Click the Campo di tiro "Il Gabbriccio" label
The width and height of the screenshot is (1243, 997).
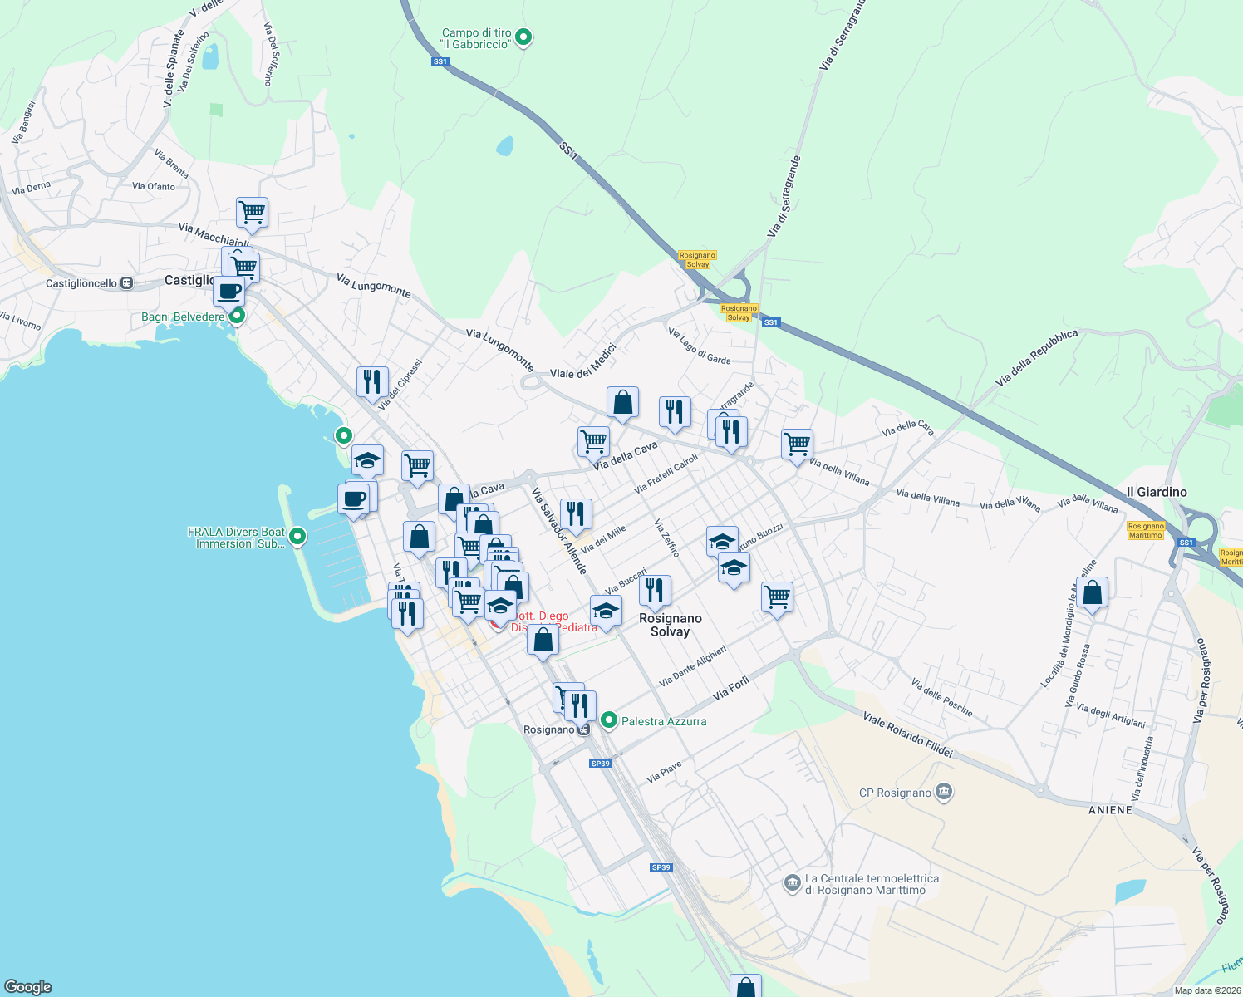[x=476, y=39]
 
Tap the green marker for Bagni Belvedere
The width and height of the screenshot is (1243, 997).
[x=237, y=316]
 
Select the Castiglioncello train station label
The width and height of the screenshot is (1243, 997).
[x=81, y=283]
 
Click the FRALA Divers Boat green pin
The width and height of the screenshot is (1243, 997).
[x=297, y=538]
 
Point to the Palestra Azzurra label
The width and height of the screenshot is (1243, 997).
[x=664, y=721]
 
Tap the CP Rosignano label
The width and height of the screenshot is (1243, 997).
[x=895, y=793]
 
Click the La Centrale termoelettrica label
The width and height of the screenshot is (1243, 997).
[x=872, y=884]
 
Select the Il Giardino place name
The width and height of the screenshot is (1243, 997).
[x=1157, y=492]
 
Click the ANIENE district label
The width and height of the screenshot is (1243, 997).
[x=1110, y=809]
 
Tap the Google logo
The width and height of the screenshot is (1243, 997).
[x=28, y=987]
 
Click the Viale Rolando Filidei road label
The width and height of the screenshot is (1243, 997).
[x=907, y=734]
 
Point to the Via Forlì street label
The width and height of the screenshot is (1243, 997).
[x=731, y=688]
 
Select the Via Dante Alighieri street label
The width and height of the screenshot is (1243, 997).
[x=692, y=666]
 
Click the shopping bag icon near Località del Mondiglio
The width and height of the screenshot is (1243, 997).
[x=1093, y=594]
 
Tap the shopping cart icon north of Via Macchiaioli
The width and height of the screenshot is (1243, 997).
[x=252, y=213]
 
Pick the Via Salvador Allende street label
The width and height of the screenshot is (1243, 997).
[x=559, y=531]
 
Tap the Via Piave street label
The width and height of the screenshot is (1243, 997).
[x=664, y=773]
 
